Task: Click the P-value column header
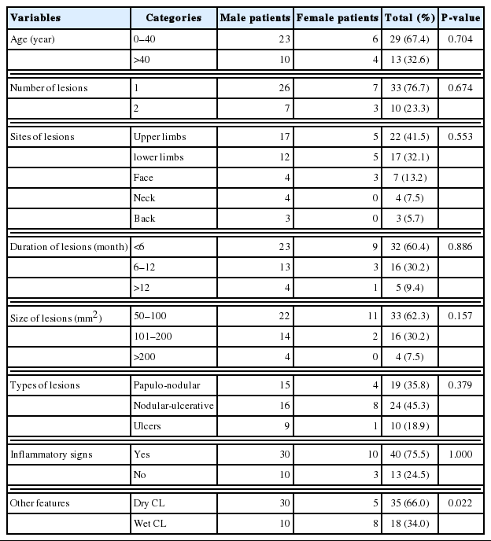tap(460, 17)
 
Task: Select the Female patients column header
tap(337, 17)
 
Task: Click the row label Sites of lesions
tap(42, 137)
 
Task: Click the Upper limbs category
tap(159, 137)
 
